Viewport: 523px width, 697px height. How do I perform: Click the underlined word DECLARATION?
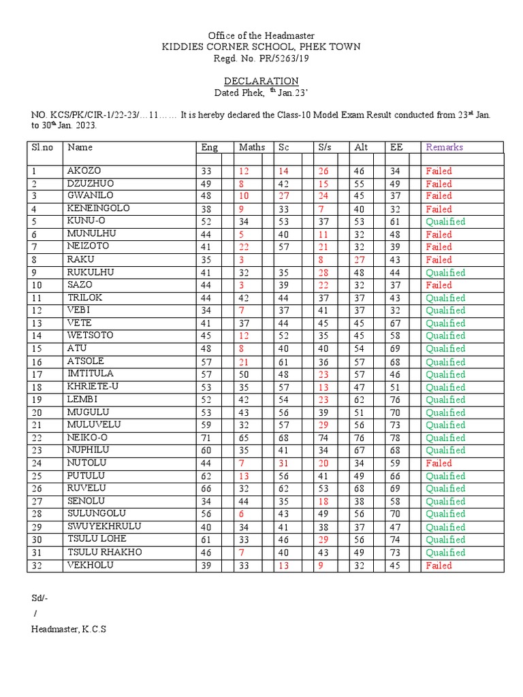click(x=261, y=80)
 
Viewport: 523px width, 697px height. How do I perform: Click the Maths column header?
click(x=251, y=147)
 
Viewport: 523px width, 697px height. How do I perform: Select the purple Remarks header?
click(x=444, y=147)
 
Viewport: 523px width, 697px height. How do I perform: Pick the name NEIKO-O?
click(x=88, y=437)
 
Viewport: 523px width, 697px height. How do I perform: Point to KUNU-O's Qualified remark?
click(x=445, y=221)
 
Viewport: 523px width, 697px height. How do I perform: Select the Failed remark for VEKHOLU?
click(x=439, y=565)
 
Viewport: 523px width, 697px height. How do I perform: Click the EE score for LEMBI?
click(x=394, y=400)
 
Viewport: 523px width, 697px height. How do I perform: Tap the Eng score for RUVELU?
click(x=206, y=489)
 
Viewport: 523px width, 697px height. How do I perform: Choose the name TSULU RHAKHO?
click(x=104, y=552)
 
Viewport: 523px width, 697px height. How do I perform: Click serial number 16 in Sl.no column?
click(x=37, y=362)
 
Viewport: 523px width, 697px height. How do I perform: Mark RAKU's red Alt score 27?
click(x=359, y=259)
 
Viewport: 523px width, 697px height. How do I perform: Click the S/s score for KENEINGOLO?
click(x=320, y=209)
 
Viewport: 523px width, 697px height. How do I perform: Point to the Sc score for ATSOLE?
click(x=283, y=361)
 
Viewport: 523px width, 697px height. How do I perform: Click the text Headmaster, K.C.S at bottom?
click(x=68, y=629)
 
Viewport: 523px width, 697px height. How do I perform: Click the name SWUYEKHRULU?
click(x=104, y=527)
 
